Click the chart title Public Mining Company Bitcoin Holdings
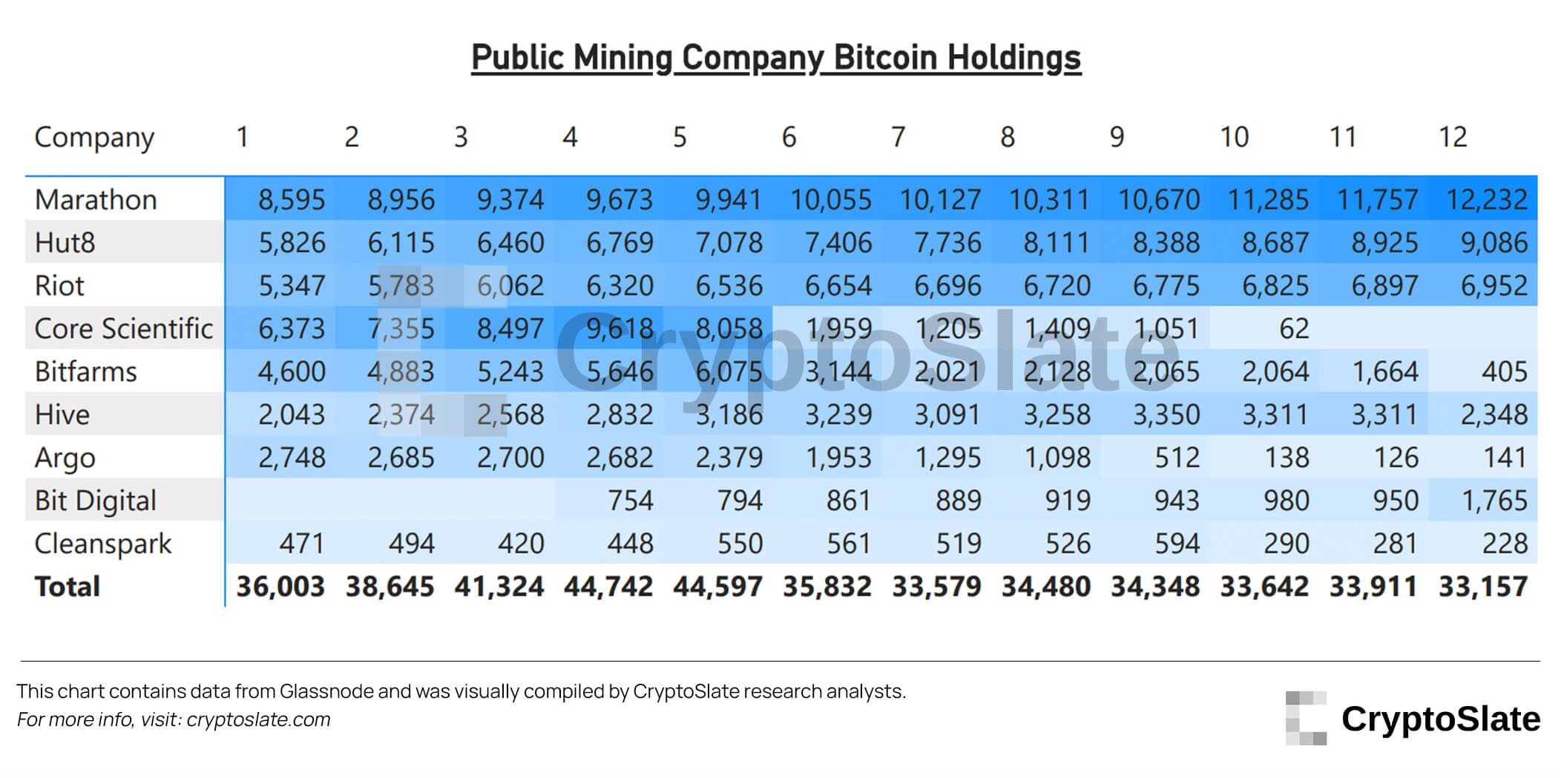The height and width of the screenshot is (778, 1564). (x=776, y=58)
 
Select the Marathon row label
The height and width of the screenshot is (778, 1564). (x=96, y=200)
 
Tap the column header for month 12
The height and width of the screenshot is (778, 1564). (x=1452, y=137)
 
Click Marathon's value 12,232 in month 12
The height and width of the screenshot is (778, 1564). (x=1486, y=200)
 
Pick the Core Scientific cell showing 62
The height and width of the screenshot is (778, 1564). (x=1293, y=329)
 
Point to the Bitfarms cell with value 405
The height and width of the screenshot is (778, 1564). (x=1504, y=372)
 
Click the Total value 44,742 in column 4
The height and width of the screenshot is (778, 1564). (x=608, y=587)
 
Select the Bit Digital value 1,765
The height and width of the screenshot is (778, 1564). (x=1494, y=501)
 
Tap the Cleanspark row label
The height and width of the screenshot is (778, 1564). (x=102, y=544)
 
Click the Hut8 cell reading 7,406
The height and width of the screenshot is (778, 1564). (x=838, y=243)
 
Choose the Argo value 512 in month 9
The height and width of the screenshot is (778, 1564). (x=1177, y=458)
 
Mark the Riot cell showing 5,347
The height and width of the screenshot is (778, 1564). (x=291, y=286)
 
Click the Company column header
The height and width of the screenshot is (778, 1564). (x=94, y=138)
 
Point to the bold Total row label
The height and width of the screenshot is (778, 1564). (x=67, y=587)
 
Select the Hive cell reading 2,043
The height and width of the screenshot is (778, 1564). (x=291, y=415)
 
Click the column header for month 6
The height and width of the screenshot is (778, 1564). (x=789, y=137)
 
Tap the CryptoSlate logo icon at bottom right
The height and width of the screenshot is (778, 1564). (x=1306, y=718)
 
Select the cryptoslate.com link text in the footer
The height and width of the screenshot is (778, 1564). (x=258, y=719)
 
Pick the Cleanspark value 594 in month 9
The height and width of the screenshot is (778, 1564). (x=1177, y=544)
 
